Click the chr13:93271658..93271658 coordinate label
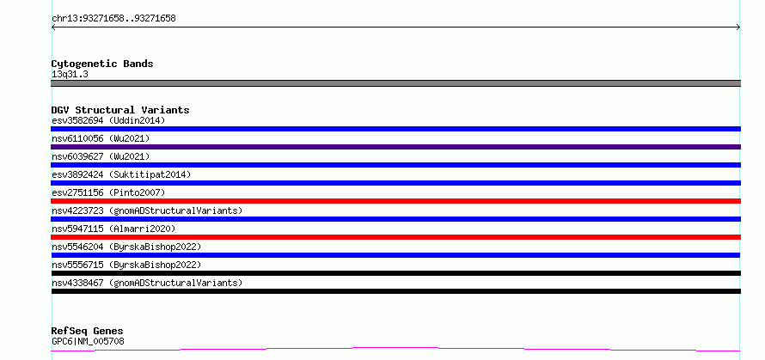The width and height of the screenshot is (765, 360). pos(113,19)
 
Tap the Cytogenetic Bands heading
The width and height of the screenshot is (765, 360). pos(102,64)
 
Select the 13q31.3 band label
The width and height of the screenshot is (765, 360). pos(70,75)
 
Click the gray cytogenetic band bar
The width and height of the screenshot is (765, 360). pos(395,83)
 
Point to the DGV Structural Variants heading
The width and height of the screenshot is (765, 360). pos(120,110)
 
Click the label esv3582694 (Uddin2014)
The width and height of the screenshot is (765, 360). pos(108,120)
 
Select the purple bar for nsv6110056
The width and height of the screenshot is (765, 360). pos(395,147)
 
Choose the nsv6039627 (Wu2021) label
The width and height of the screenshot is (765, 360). pos(101,156)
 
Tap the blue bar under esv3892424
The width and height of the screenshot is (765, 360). pos(395,183)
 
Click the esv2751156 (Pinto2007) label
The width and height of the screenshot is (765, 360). pos(108,192)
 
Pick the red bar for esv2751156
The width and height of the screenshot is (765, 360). pos(395,201)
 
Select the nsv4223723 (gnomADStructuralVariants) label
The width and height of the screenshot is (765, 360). pos(147,211)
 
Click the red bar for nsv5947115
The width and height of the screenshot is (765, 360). pos(395,237)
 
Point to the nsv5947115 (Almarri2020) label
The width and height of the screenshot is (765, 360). pos(113,229)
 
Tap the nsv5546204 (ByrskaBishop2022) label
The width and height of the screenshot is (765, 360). pos(126,247)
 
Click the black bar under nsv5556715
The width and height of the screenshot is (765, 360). pos(395,273)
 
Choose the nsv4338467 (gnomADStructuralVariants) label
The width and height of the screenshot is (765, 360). pos(147,283)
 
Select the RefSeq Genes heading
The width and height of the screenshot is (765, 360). pos(87,332)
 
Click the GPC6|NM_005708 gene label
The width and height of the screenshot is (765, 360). pos(88,341)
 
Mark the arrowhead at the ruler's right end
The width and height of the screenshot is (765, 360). pos(738,27)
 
